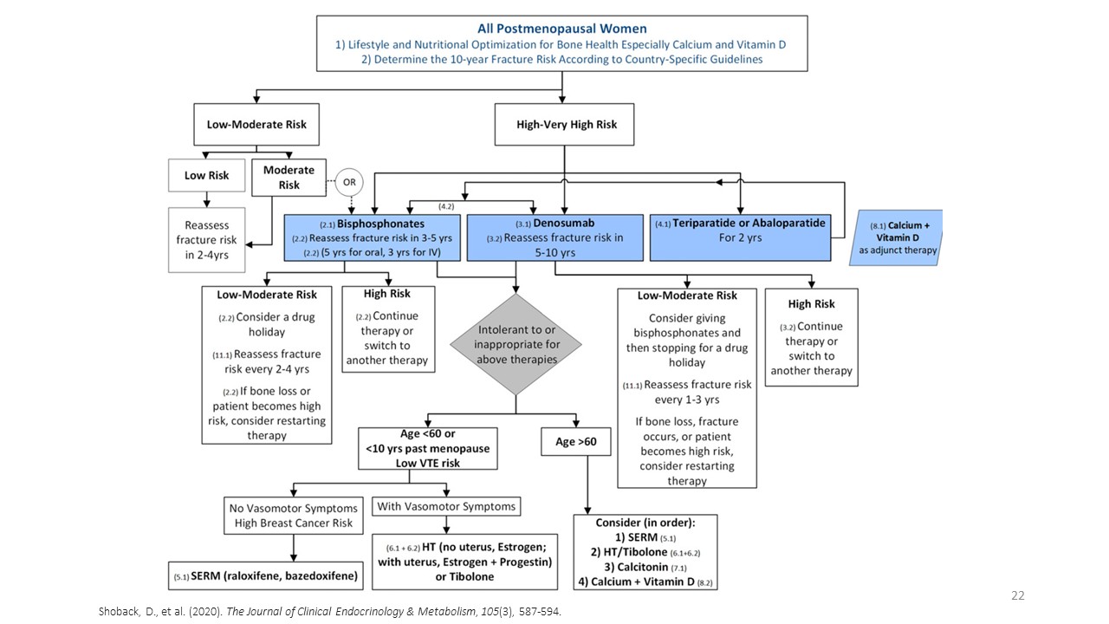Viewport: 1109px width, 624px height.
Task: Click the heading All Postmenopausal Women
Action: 561,29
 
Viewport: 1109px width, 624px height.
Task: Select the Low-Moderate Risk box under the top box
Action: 256,124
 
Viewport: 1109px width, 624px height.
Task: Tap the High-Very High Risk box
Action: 567,124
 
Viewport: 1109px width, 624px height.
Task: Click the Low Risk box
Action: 207,175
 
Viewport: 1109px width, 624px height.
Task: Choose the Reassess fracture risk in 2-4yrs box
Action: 207,239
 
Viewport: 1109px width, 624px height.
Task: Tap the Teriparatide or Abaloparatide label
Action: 749,223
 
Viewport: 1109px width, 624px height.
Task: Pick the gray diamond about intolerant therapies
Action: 516,344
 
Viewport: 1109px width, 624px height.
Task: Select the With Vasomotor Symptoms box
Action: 445,506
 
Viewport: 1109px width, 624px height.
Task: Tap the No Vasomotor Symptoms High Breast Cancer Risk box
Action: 294,515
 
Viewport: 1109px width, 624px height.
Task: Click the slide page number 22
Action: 1018,595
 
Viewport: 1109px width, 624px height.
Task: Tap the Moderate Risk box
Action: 289,177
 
